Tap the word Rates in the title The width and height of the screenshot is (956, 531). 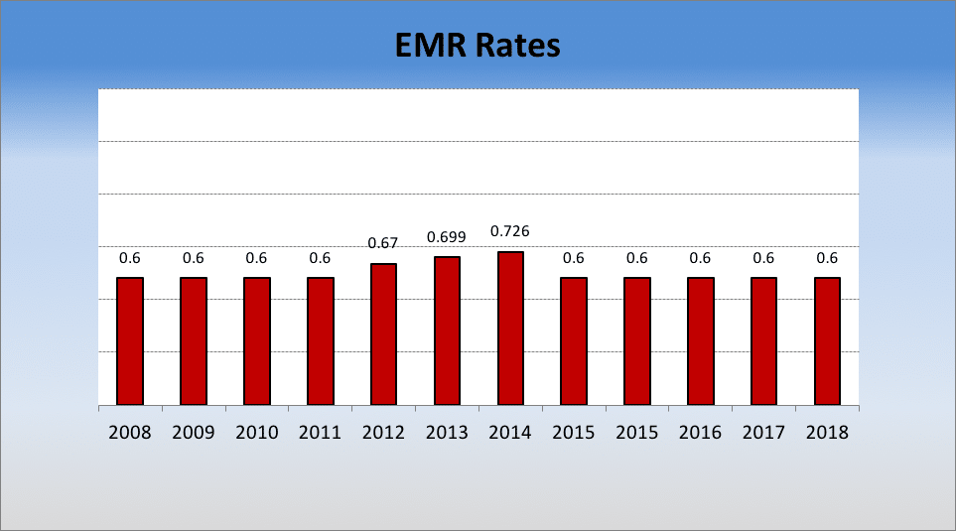click(519, 46)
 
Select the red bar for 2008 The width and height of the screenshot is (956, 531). click(130, 341)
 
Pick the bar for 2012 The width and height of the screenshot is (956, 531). click(383, 334)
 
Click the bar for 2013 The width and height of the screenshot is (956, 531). click(447, 332)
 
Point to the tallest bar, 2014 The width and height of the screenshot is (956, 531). click(510, 329)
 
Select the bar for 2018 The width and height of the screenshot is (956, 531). click(827, 341)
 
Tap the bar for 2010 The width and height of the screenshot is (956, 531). click(257, 341)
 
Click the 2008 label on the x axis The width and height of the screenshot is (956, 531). click(130, 433)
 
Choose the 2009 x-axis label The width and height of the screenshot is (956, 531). click(194, 433)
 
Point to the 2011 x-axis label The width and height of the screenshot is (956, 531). click(320, 433)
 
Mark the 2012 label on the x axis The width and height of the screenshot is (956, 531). click(383, 433)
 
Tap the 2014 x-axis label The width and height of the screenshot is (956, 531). click(510, 433)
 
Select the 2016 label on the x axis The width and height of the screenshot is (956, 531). click(700, 433)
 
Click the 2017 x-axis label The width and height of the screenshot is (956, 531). click(763, 433)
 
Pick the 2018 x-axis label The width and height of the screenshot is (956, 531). click(827, 433)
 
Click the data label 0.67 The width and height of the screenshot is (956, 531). click(383, 243)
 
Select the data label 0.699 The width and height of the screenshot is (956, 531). click(447, 237)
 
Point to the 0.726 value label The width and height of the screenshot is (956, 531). click(510, 231)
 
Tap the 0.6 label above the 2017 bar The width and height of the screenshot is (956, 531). click(763, 258)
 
